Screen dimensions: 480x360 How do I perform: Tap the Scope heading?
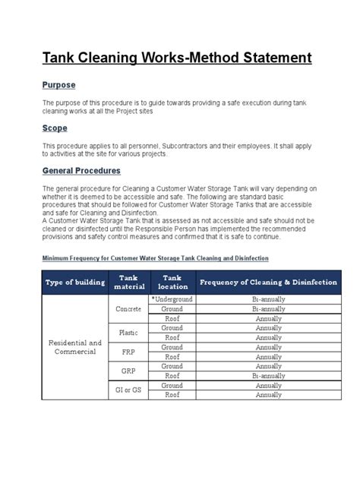point(55,128)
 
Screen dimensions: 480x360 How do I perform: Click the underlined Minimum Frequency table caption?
point(155,258)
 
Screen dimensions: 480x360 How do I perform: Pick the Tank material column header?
point(128,282)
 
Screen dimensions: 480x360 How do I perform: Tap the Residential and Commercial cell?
point(73,347)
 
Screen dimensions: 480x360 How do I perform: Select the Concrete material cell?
point(128,309)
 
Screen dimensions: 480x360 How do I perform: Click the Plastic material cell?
point(128,333)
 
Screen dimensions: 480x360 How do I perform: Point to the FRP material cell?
point(128,352)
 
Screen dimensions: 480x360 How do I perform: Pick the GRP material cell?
point(128,371)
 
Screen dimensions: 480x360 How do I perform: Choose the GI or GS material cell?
point(128,390)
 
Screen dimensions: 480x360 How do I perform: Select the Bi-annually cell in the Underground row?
point(268,300)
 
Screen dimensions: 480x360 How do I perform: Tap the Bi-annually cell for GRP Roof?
point(268,375)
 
